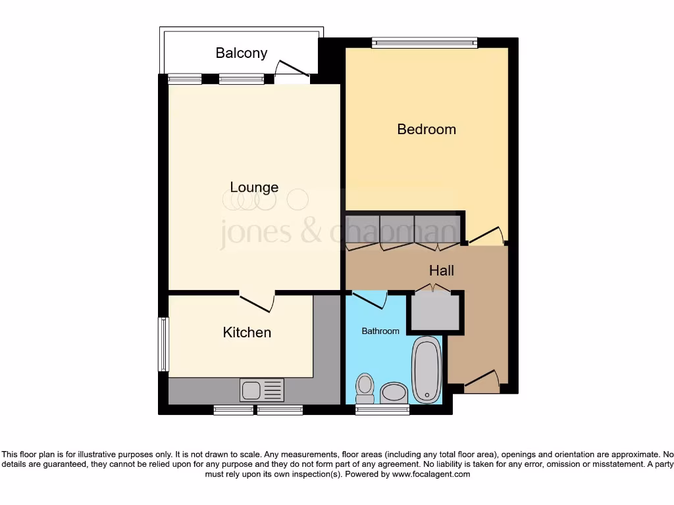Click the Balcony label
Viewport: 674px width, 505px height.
pyautogui.click(x=241, y=53)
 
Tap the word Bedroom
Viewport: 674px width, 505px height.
pyautogui.click(x=426, y=130)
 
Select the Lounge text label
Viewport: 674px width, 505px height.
pyautogui.click(x=254, y=187)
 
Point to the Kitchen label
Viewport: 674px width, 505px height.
pyautogui.click(x=247, y=333)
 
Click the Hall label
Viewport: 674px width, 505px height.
pyautogui.click(x=441, y=270)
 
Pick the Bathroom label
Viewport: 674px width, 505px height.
pyautogui.click(x=380, y=331)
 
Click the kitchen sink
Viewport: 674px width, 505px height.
pyautogui.click(x=262, y=390)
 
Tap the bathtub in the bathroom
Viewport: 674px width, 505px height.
pyautogui.click(x=427, y=369)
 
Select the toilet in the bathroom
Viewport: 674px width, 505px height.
pyautogui.click(x=364, y=388)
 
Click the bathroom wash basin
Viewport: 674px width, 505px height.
pyautogui.click(x=394, y=393)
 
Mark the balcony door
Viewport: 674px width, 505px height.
pyautogui.click(x=292, y=71)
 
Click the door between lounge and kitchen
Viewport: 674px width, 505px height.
pyautogui.click(x=257, y=302)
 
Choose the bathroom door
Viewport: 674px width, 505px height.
pyautogui.click(x=369, y=299)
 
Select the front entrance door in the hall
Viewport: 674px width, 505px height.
pyautogui.click(x=481, y=381)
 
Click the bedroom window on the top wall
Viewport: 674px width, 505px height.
pyautogui.click(x=424, y=43)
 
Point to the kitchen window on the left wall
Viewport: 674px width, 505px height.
pyautogui.click(x=163, y=344)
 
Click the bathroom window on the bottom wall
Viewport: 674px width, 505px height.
pyautogui.click(x=382, y=410)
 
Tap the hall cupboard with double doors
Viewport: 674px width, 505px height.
pyautogui.click(x=434, y=310)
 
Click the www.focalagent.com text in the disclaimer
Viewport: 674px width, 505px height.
pyautogui.click(x=430, y=474)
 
